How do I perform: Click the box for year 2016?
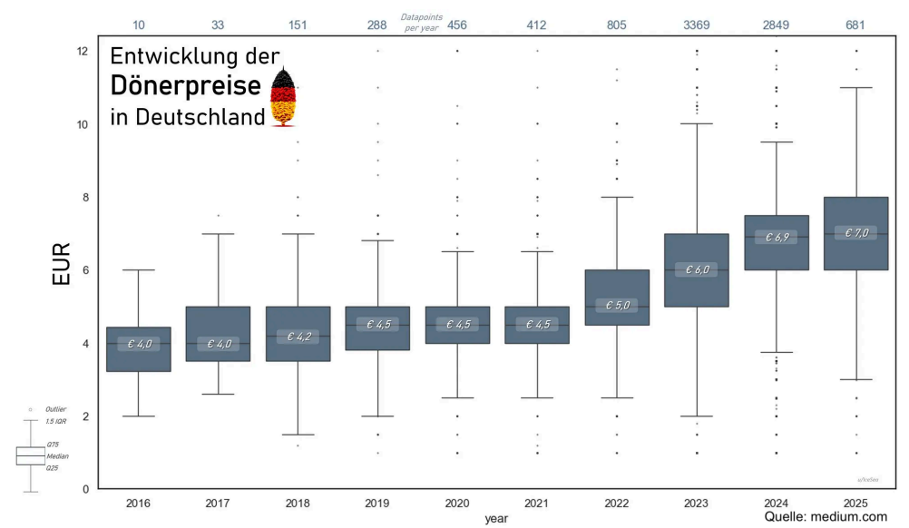(x=138, y=349)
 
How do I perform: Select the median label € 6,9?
(x=776, y=238)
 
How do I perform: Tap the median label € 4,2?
(x=297, y=337)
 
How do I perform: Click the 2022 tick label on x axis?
(x=617, y=503)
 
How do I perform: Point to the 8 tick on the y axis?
(x=83, y=197)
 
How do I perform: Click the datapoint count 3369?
(x=697, y=24)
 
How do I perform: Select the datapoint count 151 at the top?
(x=298, y=24)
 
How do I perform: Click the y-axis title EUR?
(x=61, y=269)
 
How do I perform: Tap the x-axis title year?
(x=496, y=518)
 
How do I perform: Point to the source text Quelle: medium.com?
(x=825, y=516)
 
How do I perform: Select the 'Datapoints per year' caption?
(x=421, y=21)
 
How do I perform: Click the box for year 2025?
(x=856, y=233)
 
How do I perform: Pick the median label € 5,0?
(x=617, y=306)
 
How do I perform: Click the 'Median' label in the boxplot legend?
(x=57, y=455)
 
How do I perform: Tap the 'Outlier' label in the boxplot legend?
(x=55, y=410)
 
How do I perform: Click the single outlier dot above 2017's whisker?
(x=218, y=215)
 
